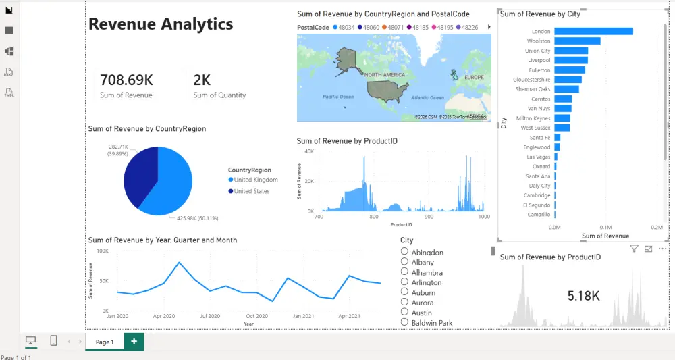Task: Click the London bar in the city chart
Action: (x=593, y=31)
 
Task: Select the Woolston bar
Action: (x=577, y=41)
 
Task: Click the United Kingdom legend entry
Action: (x=256, y=180)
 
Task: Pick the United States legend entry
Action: (x=251, y=191)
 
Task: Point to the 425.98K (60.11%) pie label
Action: (x=197, y=218)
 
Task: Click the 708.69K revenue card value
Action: (x=126, y=80)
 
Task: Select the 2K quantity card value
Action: (x=202, y=80)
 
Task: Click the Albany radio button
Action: (x=405, y=261)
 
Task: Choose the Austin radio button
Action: (x=405, y=312)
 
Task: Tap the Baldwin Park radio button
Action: (x=405, y=322)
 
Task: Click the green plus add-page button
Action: (x=134, y=342)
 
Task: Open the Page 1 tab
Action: (x=105, y=342)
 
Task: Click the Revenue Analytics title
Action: (x=161, y=24)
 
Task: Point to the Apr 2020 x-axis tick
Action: (x=163, y=316)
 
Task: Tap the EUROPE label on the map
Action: (x=474, y=77)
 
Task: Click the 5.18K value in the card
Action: (x=583, y=296)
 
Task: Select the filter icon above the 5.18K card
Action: (x=634, y=249)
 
